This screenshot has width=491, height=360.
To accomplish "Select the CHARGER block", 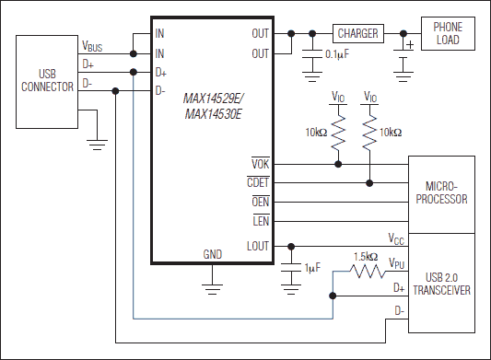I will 357,33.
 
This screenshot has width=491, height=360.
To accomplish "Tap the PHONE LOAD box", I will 449,33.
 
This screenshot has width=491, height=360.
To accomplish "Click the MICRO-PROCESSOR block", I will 441,193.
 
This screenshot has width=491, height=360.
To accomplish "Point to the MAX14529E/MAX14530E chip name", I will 213,105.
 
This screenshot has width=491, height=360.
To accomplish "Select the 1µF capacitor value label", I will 311,267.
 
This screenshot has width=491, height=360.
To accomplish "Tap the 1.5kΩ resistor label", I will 365,256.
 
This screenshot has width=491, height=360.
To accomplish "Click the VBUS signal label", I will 93,44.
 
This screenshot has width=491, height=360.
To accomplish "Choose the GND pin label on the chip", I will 213,254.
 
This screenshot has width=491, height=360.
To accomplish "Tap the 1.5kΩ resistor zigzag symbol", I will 365,272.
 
